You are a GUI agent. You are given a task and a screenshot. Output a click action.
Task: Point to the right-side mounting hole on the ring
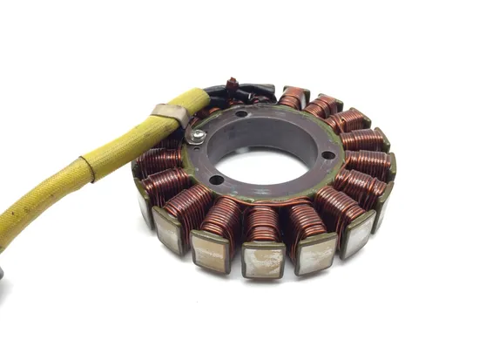click(327, 155)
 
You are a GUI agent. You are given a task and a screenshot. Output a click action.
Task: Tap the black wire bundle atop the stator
click(248, 90)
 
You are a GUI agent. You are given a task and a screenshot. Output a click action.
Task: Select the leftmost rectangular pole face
click(144, 203)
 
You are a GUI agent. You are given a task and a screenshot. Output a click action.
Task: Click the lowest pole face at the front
click(263, 261)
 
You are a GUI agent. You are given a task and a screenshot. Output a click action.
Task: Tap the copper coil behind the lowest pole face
click(261, 224)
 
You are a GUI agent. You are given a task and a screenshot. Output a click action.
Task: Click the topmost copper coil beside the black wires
click(293, 97)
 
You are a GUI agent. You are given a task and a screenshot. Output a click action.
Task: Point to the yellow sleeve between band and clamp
click(126, 139)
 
